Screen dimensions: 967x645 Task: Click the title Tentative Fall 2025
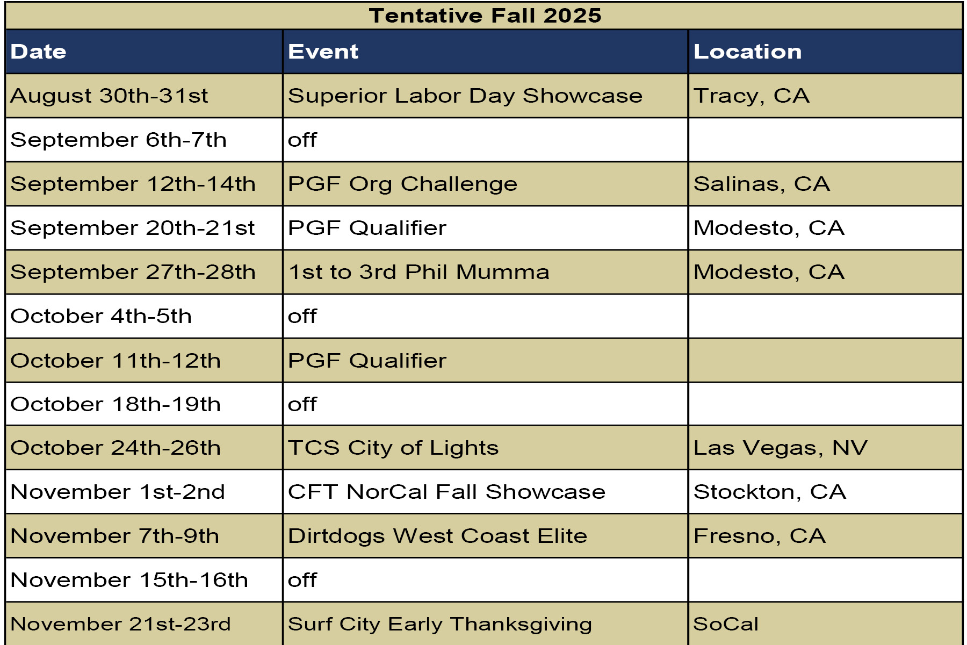tap(485, 16)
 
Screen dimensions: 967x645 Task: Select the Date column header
tap(38, 52)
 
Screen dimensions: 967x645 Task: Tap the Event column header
tap(323, 52)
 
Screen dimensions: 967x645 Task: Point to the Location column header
tap(747, 52)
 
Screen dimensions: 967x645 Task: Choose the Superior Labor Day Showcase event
tap(465, 96)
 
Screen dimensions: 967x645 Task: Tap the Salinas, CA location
tap(762, 184)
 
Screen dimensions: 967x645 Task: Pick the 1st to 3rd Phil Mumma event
tap(419, 272)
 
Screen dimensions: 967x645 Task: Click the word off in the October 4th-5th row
tap(302, 316)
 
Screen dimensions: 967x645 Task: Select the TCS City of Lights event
tap(393, 448)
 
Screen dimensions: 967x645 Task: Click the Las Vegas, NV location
tap(781, 448)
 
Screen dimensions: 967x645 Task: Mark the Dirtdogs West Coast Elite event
tap(438, 536)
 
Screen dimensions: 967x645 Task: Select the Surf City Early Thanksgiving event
tap(440, 625)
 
